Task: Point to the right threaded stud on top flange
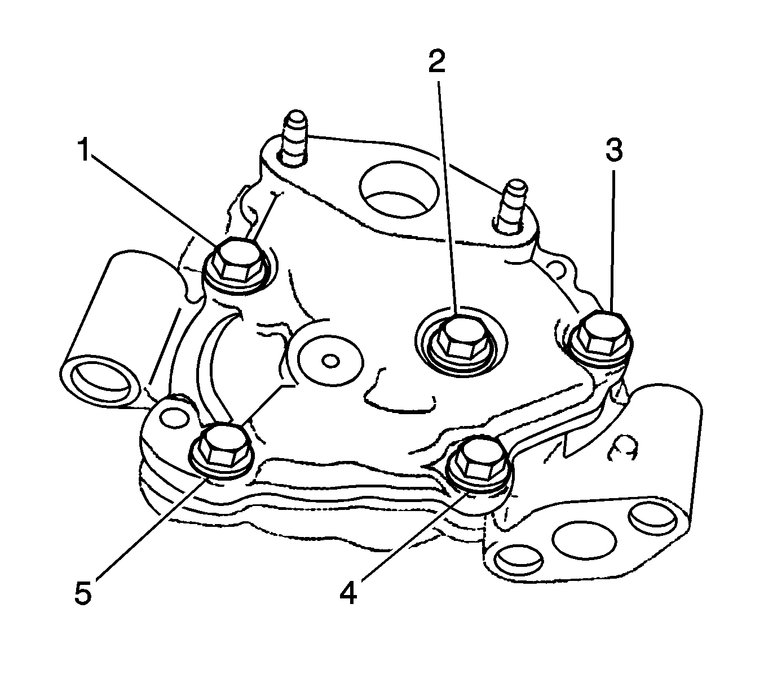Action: (x=514, y=206)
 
